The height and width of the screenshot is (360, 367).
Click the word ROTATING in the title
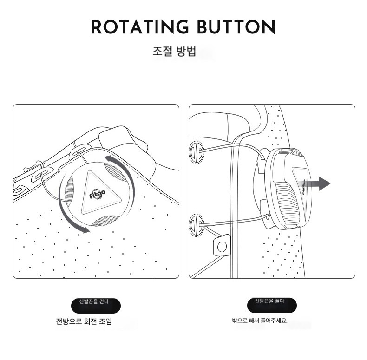140,27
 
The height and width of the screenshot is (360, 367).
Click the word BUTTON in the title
236,27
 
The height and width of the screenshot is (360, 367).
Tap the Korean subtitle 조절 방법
174,51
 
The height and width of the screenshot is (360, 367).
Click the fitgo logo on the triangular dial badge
98,194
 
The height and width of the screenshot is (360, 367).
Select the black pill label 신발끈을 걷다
96,306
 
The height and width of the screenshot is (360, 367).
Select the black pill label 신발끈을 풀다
272,305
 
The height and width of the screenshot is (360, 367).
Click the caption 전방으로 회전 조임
84,321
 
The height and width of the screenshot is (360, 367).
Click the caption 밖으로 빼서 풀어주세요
260,321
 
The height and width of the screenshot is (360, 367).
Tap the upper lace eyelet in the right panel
196,152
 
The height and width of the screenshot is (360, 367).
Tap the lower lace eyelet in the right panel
196,224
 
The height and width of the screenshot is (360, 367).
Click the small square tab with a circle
222,246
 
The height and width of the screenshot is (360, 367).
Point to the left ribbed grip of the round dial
69,191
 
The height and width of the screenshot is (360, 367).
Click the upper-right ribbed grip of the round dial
115,172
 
